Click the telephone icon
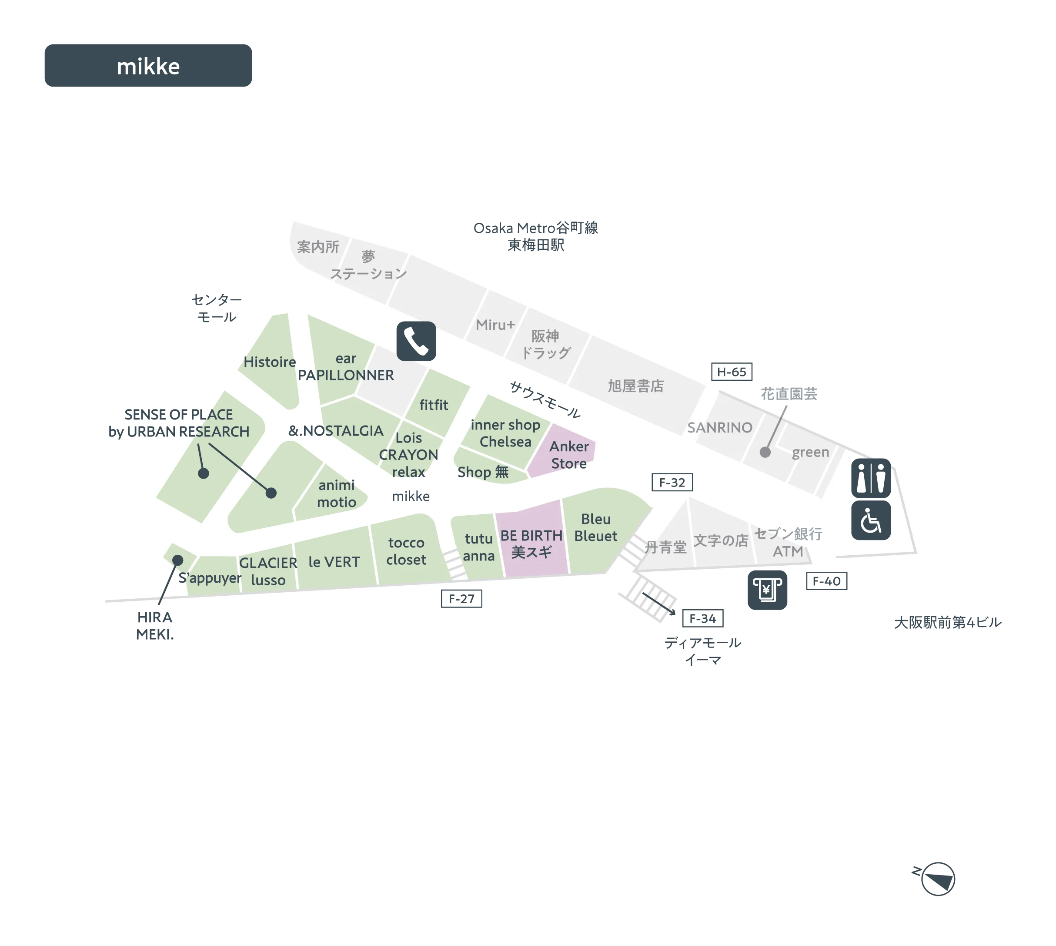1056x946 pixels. click(416, 341)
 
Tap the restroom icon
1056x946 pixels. click(871, 478)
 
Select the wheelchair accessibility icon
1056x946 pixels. click(871, 520)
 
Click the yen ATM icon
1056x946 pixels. click(767, 590)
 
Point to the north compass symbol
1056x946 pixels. click(936, 879)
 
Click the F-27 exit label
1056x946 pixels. click(461, 599)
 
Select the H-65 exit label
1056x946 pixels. click(732, 372)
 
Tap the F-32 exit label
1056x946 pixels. click(672, 483)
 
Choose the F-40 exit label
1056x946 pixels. click(826, 581)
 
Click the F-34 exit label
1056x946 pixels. click(702, 618)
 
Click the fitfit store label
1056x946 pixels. click(434, 405)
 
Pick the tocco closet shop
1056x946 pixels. click(406, 551)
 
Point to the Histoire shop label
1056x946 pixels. click(270, 362)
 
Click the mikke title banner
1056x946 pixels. click(148, 66)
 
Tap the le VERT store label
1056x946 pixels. click(334, 562)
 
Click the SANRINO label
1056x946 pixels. click(719, 428)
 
